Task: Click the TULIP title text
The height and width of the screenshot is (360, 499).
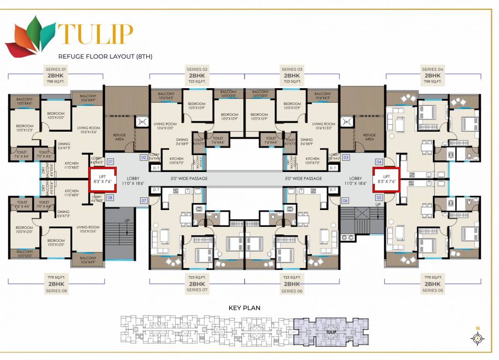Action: (96, 33)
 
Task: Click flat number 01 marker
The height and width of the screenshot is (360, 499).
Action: (111, 162)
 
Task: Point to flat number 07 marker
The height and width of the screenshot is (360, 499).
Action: (144, 201)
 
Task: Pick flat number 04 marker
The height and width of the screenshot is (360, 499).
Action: (379, 162)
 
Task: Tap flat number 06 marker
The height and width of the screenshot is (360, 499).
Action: (345, 201)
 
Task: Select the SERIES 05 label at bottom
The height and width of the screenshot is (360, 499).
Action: (432, 290)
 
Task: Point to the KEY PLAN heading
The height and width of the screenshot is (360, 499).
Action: (244, 308)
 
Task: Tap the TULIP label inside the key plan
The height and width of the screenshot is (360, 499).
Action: (330, 332)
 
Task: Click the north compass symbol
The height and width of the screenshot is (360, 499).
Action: (477, 337)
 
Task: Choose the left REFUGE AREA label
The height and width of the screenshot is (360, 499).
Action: (119, 137)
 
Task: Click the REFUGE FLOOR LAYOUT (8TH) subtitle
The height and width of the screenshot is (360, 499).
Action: (105, 56)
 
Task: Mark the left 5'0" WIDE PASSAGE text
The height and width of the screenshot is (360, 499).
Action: (188, 179)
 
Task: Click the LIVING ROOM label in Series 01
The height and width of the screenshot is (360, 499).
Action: (89, 129)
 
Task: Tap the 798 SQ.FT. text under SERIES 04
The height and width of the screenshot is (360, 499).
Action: (432, 81)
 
